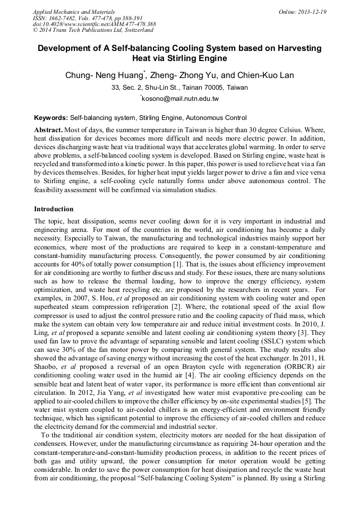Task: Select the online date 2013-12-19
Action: (x=311, y=12)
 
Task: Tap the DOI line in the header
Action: (x=95, y=24)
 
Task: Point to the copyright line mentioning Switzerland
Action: (x=93, y=30)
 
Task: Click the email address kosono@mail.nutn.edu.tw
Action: (x=181, y=99)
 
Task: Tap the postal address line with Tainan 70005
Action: (x=179, y=87)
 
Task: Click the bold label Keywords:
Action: (x=51, y=118)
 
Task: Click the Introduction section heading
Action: (x=54, y=209)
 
